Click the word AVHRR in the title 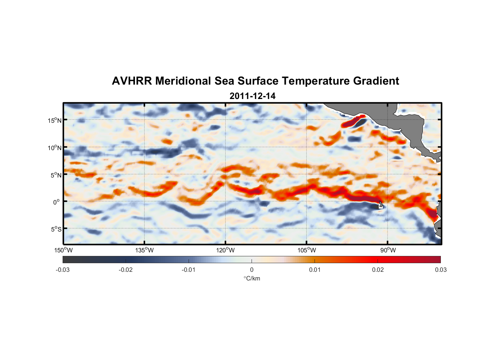tap(132, 81)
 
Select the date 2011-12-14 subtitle tap(252, 96)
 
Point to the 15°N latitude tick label tap(55, 120)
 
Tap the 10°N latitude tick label tap(55, 148)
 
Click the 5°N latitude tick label tap(56, 175)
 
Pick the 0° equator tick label tap(57, 202)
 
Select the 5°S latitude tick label tap(56, 229)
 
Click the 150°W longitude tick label tap(63, 250)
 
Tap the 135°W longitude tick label tap(144, 250)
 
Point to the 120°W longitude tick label tap(225, 250)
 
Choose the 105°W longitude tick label tap(307, 250)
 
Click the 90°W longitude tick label tap(388, 250)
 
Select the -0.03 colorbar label tap(63, 270)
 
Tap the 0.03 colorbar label tap(440, 270)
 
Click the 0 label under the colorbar tap(252, 270)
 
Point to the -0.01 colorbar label tap(189, 270)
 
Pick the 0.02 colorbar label tap(378, 270)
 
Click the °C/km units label tap(252, 278)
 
